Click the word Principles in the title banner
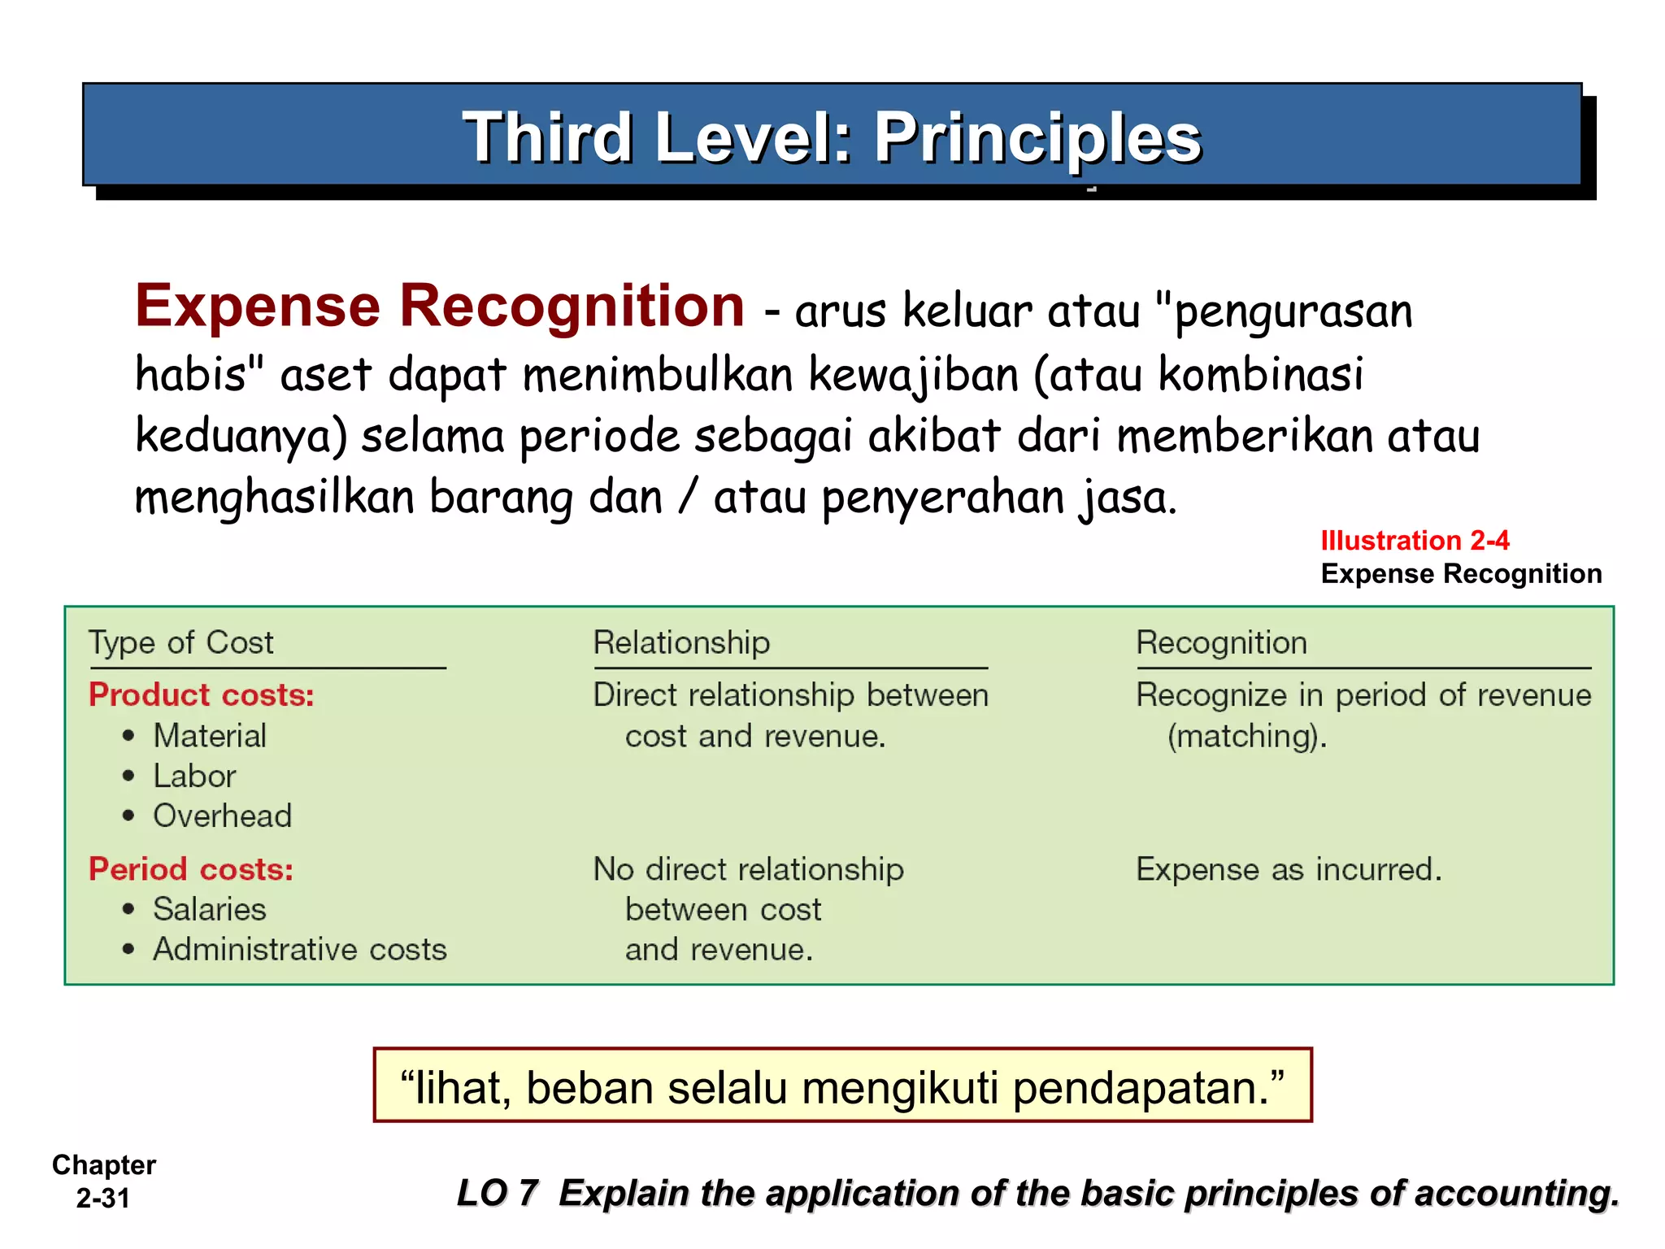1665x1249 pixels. (1037, 138)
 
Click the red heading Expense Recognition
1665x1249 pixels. (439, 307)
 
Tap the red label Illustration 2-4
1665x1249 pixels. (1415, 541)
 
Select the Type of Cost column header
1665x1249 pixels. (180, 642)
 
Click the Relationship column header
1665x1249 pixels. (681, 642)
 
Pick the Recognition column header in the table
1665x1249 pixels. (1221, 642)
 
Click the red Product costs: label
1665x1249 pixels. (201, 695)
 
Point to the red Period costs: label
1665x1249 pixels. (190, 869)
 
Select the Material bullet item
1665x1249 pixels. (210, 736)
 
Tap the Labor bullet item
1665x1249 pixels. (194, 777)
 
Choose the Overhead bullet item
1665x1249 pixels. (222, 816)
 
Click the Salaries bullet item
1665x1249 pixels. (210, 909)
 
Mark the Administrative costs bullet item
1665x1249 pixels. (300, 950)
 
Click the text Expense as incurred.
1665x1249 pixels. (1289, 869)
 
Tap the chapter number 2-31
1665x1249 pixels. (103, 1199)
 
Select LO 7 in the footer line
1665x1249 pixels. (497, 1194)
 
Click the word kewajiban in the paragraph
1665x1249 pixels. (914, 376)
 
